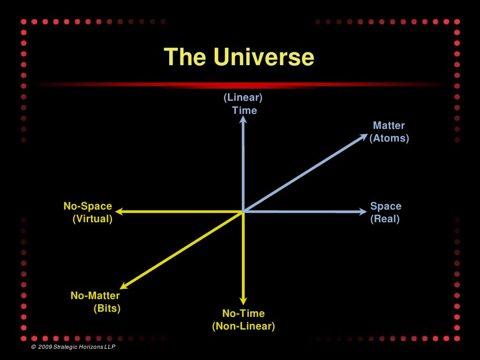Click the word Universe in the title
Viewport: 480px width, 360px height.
tap(263, 57)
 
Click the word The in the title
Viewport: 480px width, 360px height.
tap(185, 57)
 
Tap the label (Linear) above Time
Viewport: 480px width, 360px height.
tap(243, 98)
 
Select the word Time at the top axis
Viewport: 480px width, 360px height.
tap(245, 111)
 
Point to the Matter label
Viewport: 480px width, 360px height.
tap(389, 126)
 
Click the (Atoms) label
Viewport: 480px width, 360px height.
tap(389, 138)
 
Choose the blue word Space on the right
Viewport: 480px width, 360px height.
tap(386, 206)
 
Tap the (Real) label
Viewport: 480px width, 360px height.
tap(385, 219)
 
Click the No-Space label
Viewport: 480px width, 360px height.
tap(88, 206)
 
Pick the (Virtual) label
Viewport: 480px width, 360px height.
tap(92, 219)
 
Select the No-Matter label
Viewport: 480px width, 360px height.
tap(95, 296)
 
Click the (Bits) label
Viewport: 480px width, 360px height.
tap(107, 308)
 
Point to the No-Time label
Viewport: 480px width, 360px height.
tap(243, 314)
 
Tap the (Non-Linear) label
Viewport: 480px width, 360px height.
tap(243, 326)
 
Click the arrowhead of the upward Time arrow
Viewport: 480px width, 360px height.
tap(243, 120)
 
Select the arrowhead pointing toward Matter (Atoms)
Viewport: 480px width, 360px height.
tap(364, 136)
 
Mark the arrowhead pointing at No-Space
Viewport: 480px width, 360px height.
tap(119, 212)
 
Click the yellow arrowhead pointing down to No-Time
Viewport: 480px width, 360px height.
tap(243, 301)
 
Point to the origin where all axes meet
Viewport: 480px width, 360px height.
tap(243, 212)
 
